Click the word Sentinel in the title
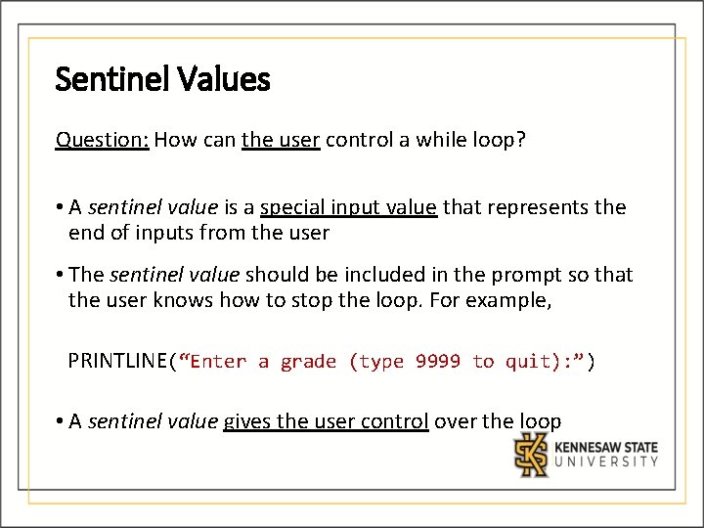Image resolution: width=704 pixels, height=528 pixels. pos(100,79)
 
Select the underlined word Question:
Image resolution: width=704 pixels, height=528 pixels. pos(102,140)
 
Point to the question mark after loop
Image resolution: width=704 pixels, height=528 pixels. pos(521,140)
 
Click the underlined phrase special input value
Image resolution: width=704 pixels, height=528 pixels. pos(348,207)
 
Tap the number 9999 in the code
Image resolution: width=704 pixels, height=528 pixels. pos(437,362)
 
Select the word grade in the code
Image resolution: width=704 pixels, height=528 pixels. pos(307,362)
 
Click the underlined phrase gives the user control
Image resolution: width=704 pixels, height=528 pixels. pos(326,421)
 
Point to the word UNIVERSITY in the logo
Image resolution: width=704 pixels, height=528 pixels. pos(606,462)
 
